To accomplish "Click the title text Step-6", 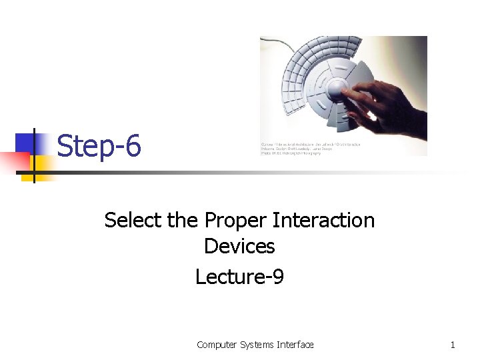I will click(x=99, y=146).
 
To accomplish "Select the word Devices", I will click(x=239, y=246).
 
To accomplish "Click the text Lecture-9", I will click(x=239, y=276).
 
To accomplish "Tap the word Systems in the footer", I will click(x=255, y=345).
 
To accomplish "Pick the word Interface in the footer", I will click(x=295, y=345).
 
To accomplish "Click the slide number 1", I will click(x=453, y=345).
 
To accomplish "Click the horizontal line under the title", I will click(x=267, y=173).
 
